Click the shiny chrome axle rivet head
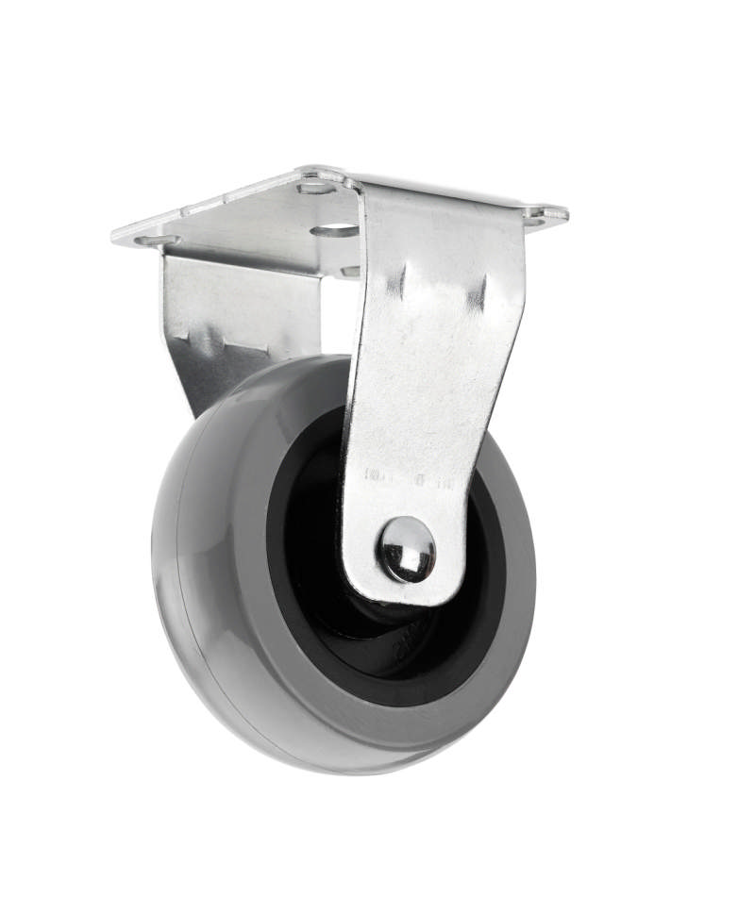(x=407, y=549)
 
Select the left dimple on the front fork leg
(x=402, y=281)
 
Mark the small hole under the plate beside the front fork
(x=350, y=271)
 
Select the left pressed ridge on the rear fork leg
(x=200, y=334)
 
